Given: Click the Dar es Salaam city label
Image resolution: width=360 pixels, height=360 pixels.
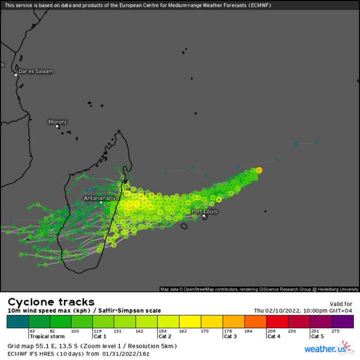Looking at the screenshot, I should click(35, 71).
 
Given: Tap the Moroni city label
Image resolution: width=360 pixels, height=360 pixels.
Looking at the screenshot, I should click(57, 122).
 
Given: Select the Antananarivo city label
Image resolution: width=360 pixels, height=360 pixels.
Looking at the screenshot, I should click(101, 197).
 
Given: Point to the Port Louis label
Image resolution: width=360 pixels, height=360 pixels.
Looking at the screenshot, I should click(204, 211).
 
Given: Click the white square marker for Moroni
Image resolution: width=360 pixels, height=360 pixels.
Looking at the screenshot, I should click(58, 127).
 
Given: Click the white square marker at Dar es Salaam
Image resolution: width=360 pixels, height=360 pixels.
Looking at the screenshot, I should click(16, 75).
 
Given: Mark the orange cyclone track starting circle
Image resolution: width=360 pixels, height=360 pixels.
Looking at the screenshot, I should click(259, 170).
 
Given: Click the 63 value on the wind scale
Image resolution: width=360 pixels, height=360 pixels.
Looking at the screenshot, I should click(32, 331).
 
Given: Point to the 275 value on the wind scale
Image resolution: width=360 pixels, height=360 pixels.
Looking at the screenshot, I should click(336, 331).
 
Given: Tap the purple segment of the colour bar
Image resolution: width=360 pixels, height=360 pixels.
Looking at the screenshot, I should click(343, 321).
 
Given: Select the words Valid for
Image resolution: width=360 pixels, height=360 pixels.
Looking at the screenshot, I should click(340, 304).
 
